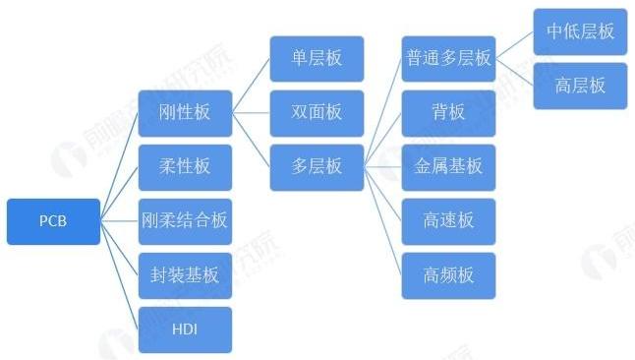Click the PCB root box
point(53,220)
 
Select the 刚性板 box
point(185,113)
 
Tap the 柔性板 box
point(185,166)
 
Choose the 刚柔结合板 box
point(185,220)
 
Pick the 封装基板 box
point(185,274)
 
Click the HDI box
point(185,329)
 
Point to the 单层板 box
point(317,58)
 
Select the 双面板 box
point(317,112)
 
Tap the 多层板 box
point(317,166)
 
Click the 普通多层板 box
point(448,58)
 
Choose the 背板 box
point(448,112)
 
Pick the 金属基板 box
point(448,166)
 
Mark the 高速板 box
point(448,220)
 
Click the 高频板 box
point(448,274)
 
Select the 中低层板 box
point(580,31)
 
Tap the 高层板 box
point(580,86)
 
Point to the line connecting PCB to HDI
point(119,275)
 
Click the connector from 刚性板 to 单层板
point(251,86)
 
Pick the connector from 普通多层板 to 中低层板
point(514,45)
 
